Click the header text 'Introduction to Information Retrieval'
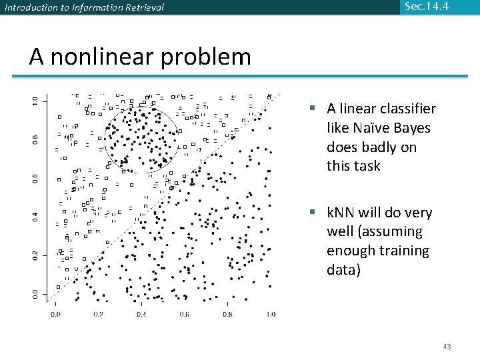tap(84, 8)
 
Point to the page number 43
tap(447, 346)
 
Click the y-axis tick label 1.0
tap(35, 101)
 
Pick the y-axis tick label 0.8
tap(35, 139)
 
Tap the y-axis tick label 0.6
tap(35, 178)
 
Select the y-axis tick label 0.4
tap(35, 217)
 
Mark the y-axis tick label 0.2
tap(35, 255)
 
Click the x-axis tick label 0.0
tap(55, 313)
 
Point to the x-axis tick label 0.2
tap(98, 313)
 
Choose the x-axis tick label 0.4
tap(141, 313)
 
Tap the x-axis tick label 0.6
tap(184, 313)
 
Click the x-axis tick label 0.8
tap(227, 313)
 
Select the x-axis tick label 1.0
tap(269, 313)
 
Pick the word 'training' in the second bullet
tap(405, 251)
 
